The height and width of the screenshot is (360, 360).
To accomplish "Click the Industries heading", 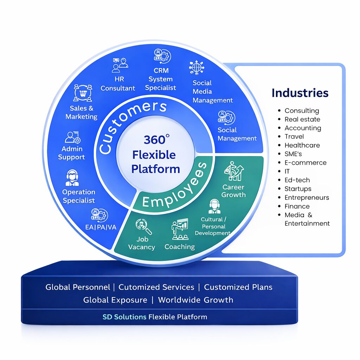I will coord(300,93).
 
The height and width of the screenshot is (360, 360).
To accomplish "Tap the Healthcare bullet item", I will coord(302,145).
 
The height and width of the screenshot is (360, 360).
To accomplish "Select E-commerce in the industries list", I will coord(305,163).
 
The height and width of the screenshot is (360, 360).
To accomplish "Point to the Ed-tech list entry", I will coord(297,180).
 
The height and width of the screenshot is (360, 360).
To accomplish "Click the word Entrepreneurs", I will coord(307,198).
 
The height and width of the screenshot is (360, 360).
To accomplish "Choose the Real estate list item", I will coord(302,119).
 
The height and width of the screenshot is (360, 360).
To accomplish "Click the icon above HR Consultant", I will coord(120,65).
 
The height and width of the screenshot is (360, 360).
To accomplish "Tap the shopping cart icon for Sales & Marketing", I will coord(83,94).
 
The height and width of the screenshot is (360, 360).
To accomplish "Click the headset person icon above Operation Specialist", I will coord(72,178).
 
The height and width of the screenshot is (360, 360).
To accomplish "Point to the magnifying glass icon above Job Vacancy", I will coord(144,227).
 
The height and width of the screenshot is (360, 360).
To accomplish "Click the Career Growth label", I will coord(233,191).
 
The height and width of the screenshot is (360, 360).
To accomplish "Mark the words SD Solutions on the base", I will coord(124,317).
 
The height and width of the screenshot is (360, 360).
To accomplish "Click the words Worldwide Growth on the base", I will coord(195,300).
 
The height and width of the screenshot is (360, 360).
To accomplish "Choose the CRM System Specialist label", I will coord(161,79).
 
